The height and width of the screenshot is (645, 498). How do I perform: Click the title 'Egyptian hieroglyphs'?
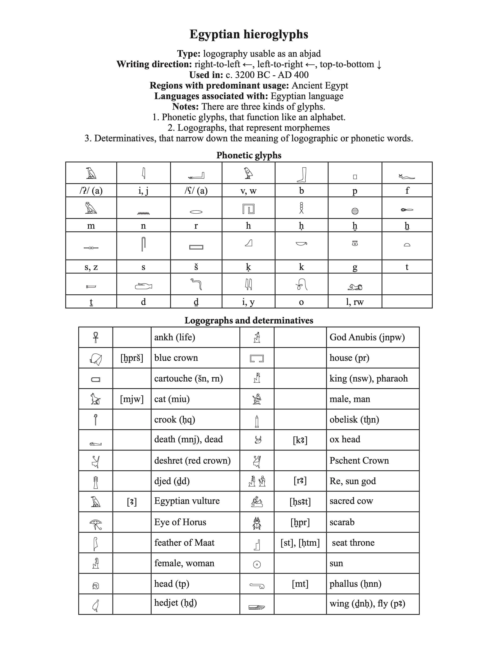[x=249, y=34]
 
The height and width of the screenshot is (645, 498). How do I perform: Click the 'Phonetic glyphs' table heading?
[x=249, y=155]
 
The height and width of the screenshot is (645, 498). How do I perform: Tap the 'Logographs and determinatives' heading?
[x=249, y=320]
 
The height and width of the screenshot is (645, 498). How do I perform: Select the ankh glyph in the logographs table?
[x=95, y=337]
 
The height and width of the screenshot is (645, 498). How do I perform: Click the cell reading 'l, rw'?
[x=355, y=302]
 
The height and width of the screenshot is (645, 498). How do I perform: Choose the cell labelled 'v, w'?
[x=248, y=191]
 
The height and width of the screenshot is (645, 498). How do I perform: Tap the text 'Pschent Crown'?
[x=359, y=460]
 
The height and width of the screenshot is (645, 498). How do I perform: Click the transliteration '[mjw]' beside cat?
[x=132, y=399]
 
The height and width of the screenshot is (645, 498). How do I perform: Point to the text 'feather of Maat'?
[x=184, y=543]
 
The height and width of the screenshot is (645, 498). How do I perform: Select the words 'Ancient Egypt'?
[x=320, y=86]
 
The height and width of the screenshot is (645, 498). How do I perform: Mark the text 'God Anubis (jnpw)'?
[x=367, y=337]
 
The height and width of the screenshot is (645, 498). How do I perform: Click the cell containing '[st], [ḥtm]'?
[x=300, y=543]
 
